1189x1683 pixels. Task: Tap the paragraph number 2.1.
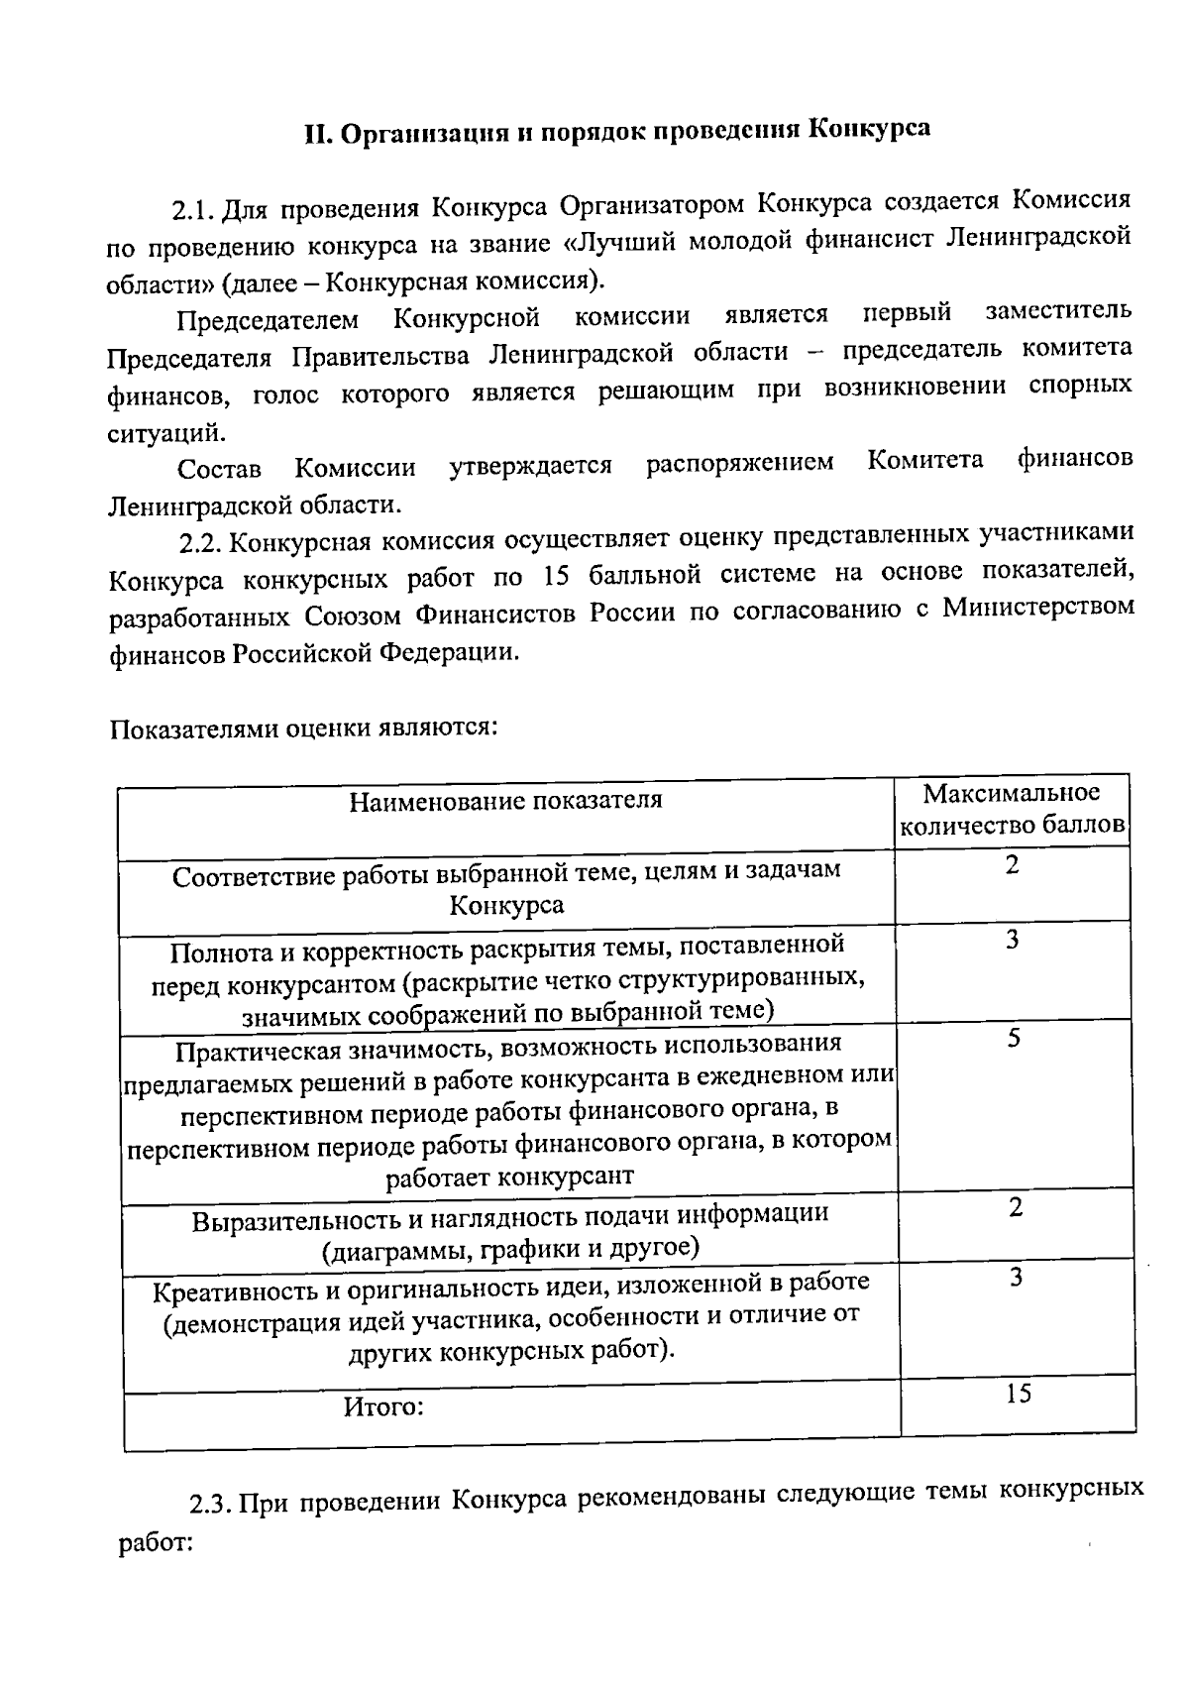(192, 210)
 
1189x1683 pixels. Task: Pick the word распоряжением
(740, 463)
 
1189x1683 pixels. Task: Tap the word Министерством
(1038, 607)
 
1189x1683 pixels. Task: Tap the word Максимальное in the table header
(1012, 794)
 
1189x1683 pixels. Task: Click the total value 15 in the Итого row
(1018, 1394)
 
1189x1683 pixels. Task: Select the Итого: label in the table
(383, 1406)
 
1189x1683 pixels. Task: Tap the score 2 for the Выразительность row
(1016, 1207)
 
